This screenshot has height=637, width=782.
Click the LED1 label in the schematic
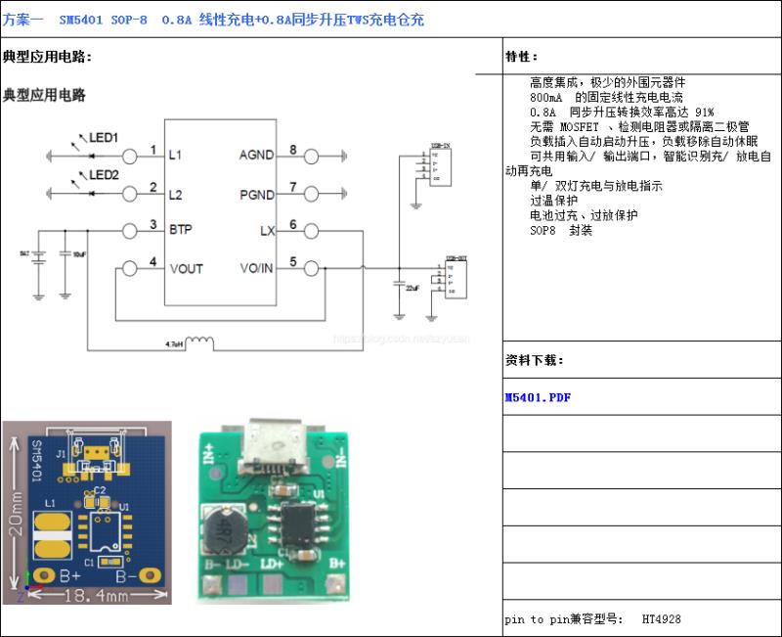point(104,138)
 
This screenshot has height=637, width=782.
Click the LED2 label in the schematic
point(104,175)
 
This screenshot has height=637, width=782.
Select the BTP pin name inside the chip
point(180,230)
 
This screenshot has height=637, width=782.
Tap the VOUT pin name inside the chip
point(186,267)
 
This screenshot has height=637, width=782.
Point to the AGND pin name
point(257,155)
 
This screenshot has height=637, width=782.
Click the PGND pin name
point(257,195)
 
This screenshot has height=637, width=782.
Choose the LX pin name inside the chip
point(267,230)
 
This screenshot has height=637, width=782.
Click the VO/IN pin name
point(257,267)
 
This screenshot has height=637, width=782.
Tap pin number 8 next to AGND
point(292,150)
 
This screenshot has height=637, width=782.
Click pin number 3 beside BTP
point(153,225)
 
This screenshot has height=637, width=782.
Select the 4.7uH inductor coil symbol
point(201,342)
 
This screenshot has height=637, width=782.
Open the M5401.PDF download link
point(537,398)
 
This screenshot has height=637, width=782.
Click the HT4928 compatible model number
point(662,618)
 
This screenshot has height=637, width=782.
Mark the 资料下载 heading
point(534,360)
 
